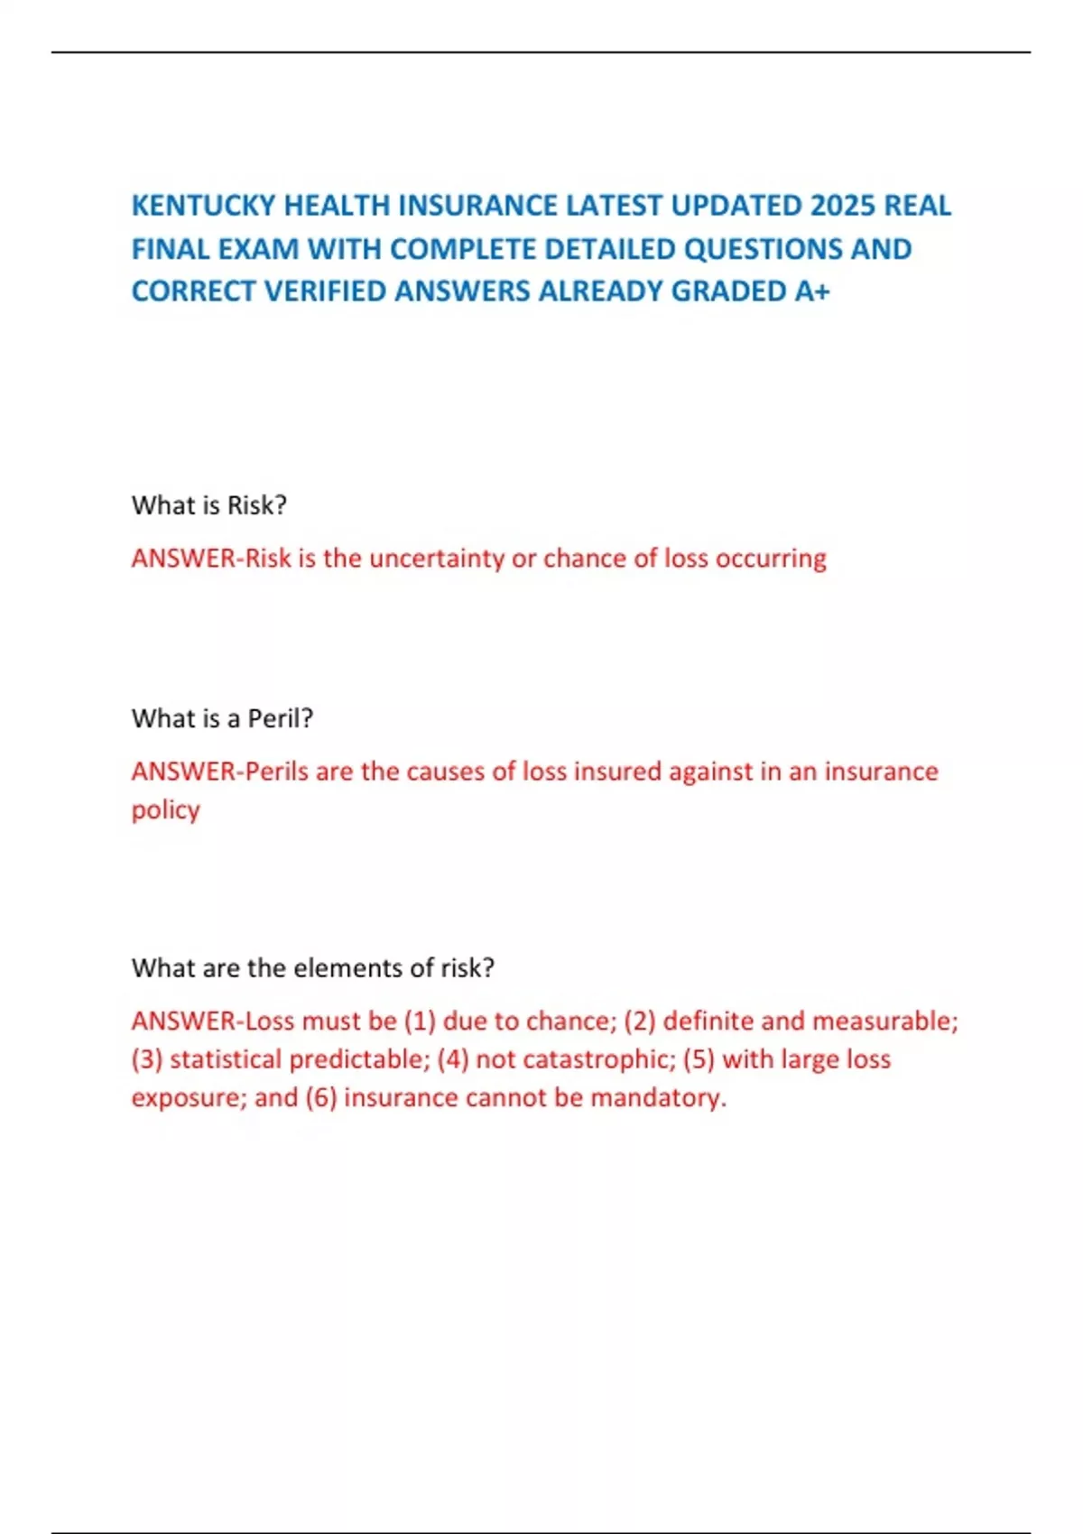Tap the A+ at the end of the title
tap(812, 291)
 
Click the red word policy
tap(166, 810)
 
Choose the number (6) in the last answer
tap(321, 1098)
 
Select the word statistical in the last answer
tap(226, 1059)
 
